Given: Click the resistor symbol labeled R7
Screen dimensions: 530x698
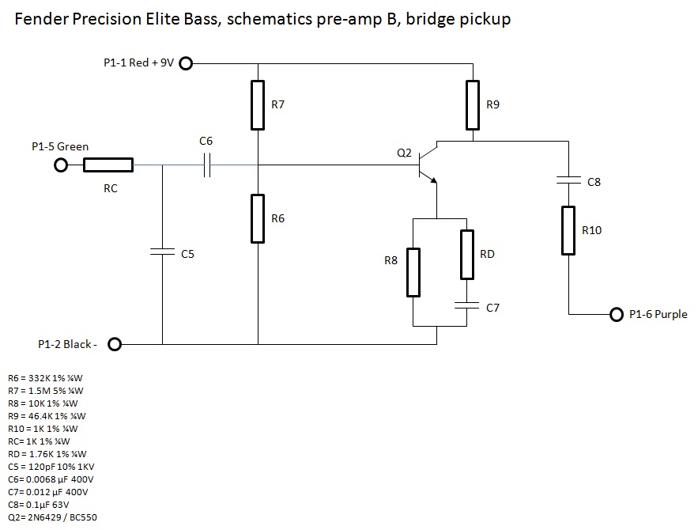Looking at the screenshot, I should (258, 104).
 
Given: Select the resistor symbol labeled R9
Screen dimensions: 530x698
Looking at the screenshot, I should (472, 104).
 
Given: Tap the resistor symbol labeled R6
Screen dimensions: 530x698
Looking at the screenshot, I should (258, 218).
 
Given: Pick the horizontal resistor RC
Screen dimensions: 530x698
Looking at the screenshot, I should (108, 165).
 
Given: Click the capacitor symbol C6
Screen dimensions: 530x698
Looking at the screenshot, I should (206, 165).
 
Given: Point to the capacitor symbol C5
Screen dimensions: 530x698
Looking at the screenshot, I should (162, 252).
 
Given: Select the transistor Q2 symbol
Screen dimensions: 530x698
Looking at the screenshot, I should (428, 165).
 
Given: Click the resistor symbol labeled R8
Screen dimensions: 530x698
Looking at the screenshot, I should (413, 271).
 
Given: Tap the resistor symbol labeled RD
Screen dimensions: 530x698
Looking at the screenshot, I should (467, 254).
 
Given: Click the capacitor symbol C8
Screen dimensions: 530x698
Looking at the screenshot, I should (568, 180).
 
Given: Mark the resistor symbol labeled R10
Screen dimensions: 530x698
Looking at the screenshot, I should (568, 230).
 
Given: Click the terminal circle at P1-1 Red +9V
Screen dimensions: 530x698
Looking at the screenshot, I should (186, 63).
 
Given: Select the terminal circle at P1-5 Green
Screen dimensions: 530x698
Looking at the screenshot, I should (60, 165).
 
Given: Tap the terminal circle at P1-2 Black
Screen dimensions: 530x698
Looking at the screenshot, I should (115, 344).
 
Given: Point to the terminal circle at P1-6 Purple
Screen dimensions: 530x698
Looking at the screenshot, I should (617, 314).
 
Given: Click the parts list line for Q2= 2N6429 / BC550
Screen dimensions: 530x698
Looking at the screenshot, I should (52, 517).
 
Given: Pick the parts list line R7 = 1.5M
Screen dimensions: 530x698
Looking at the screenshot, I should (45, 390).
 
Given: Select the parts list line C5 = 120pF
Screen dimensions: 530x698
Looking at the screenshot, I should (51, 466).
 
